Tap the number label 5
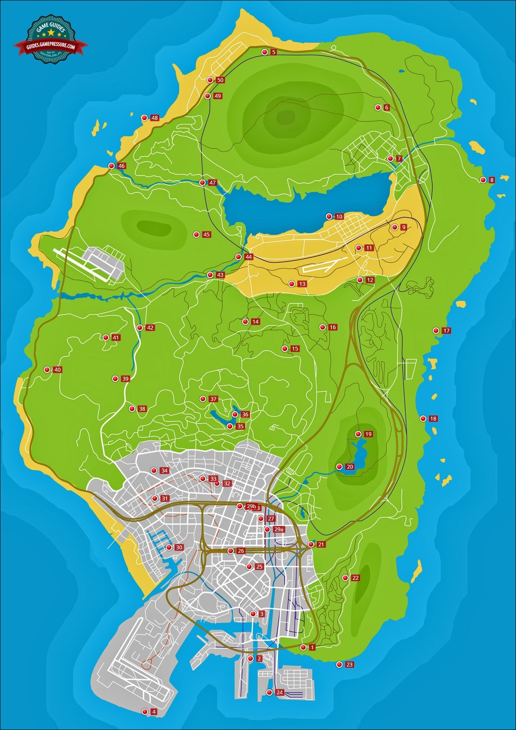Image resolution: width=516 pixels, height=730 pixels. tap(274, 52)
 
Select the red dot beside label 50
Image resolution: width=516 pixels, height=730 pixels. tap(210, 80)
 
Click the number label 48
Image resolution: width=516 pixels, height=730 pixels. tap(155, 118)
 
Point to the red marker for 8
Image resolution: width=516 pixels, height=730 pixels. tap(483, 180)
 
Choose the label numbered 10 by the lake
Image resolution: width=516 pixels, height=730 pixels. tap(339, 217)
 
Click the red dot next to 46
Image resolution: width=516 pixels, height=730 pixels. tap(111, 166)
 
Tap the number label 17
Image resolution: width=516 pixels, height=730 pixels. tap(446, 331)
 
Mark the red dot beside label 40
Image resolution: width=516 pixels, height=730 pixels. tap(47, 370)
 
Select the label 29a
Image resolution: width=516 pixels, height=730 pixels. tap(279, 530)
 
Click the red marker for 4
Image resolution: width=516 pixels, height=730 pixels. tap(145, 712)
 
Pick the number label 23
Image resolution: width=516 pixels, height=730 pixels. tap(349, 665)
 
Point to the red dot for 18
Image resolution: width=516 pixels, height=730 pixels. tap(423, 418)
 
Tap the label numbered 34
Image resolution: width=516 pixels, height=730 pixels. tap(164, 471)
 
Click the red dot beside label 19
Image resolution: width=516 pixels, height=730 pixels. tap(358, 434)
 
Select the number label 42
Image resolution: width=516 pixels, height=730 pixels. tap(150, 328)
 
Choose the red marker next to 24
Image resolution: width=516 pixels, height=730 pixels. tap(269, 692)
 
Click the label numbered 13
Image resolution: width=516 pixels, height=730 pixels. tap(302, 284)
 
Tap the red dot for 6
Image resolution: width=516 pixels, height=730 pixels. tap(378, 107)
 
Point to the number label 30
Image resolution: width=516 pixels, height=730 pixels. tap(179, 548)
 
